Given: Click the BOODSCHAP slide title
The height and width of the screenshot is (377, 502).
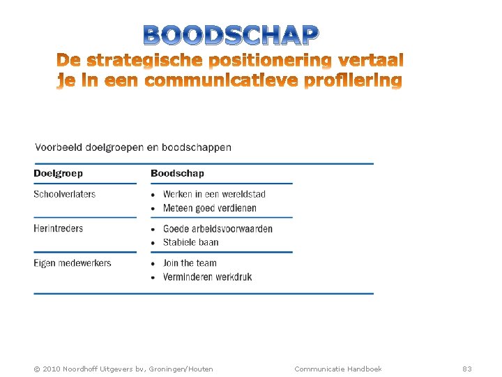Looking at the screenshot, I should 231,34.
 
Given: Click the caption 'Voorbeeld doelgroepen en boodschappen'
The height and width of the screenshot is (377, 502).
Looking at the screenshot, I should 132,147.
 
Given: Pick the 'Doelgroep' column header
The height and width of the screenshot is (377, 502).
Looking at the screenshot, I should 58,173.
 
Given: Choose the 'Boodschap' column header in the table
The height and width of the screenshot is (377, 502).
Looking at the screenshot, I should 177,173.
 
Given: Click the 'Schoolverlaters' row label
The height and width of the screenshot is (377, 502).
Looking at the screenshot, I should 64,194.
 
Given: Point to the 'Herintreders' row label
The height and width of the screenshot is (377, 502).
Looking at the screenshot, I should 58,228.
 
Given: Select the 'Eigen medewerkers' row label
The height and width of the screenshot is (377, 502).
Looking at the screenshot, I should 72,263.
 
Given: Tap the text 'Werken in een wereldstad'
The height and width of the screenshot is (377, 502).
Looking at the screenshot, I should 214,194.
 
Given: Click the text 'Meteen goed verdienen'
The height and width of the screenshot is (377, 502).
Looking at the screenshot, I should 209,208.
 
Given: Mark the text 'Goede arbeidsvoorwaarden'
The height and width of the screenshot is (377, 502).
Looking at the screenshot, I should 218,229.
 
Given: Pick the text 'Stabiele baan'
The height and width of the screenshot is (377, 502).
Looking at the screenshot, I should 190,242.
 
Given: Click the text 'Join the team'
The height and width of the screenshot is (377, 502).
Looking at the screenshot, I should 190,263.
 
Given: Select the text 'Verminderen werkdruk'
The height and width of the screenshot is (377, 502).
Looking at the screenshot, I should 207,277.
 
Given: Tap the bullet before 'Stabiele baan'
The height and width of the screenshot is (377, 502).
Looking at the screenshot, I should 154,243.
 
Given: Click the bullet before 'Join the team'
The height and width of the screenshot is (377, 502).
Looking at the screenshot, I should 154,264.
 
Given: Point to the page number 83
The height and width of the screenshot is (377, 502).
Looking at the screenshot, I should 467,369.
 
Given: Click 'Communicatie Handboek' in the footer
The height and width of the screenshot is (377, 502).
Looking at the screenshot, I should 338,369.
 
